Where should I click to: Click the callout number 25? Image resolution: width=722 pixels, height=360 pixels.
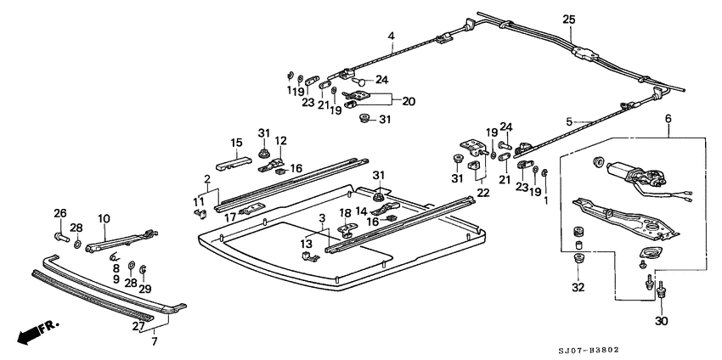tap(569, 20)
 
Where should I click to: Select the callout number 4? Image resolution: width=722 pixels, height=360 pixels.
tap(392, 35)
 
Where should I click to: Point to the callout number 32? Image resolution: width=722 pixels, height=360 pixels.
tap(578, 287)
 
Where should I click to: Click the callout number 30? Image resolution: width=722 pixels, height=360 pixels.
tap(661, 322)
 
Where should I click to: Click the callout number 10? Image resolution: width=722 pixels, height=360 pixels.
tap(104, 218)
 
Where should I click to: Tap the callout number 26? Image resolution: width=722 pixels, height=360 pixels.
tap(59, 213)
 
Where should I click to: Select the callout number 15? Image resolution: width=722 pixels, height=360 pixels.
tap(238, 142)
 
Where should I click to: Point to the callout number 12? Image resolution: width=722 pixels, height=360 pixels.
tap(281, 141)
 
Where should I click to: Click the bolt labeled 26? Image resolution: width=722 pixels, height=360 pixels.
tap(60, 235)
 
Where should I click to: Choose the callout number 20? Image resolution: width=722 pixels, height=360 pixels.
tap(409, 100)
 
